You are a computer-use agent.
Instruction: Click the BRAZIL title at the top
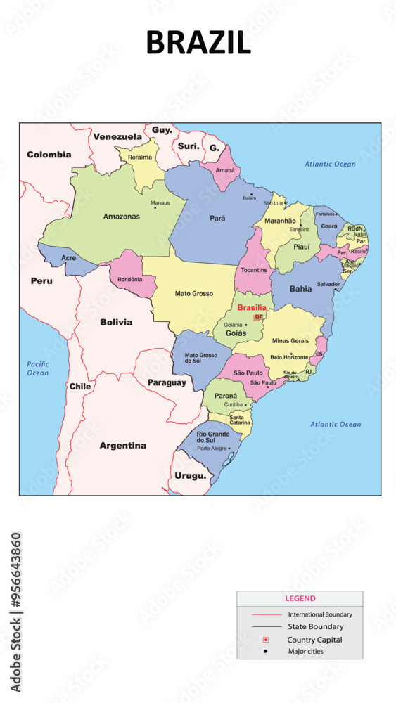coord(198,43)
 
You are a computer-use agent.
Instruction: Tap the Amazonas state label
coord(121,217)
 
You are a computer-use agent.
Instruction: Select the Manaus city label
coord(160,203)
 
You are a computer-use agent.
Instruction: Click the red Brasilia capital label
coord(252,308)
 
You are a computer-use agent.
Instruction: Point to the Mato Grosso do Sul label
coord(200,358)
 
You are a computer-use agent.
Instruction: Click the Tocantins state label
coord(254,270)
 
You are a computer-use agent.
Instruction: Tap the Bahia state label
coord(300,288)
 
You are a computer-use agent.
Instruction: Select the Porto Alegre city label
coord(212,448)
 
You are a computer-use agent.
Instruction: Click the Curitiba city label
coord(233,405)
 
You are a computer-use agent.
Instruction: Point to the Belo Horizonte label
coord(289,357)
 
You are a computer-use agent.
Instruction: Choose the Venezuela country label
coord(117,136)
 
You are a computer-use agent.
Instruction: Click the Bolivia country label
coord(116,322)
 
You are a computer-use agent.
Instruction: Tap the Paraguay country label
coord(167,383)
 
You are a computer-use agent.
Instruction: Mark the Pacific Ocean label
coord(38,368)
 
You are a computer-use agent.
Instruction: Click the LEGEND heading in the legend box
coord(300,599)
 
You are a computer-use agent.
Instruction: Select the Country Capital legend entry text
coord(314,640)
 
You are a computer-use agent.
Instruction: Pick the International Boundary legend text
coord(320,614)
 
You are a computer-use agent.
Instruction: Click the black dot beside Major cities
coord(266,652)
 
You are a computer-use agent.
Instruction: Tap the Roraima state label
coord(139,157)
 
